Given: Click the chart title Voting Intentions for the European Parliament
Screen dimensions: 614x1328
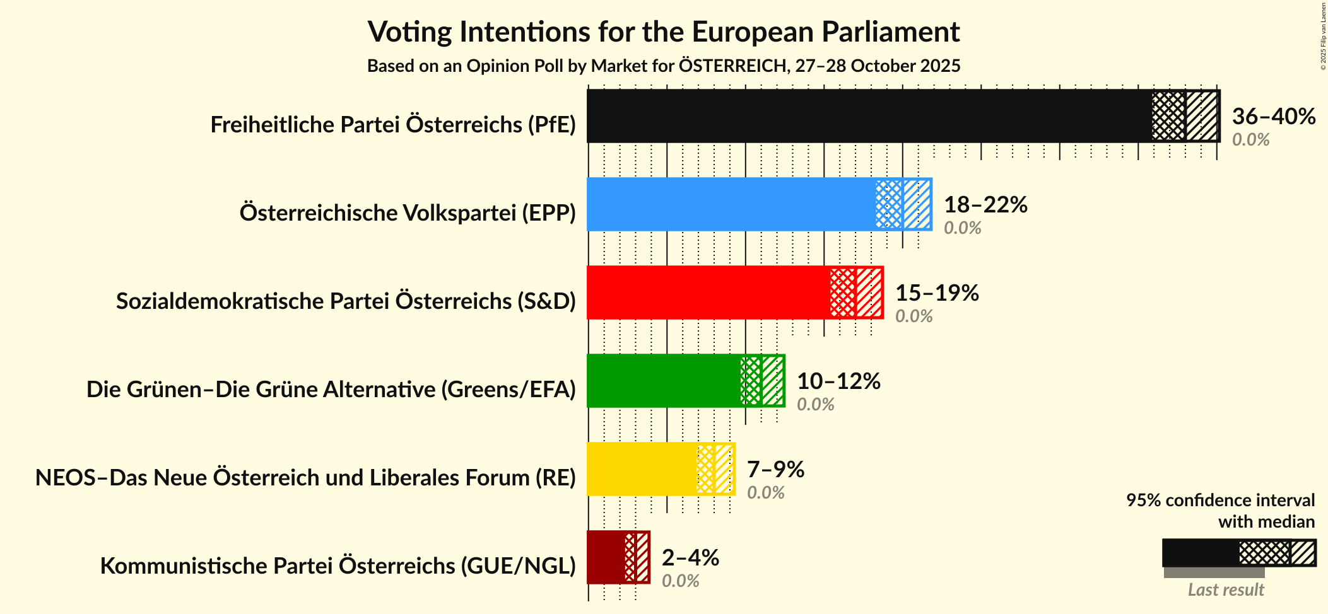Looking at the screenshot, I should (x=664, y=32).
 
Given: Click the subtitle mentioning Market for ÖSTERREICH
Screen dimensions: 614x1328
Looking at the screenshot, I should (x=664, y=66).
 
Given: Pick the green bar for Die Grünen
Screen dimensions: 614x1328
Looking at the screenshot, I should (x=663, y=381).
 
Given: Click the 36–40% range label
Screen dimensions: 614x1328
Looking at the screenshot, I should (x=1274, y=117).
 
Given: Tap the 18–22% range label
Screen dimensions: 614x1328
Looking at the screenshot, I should (x=985, y=205).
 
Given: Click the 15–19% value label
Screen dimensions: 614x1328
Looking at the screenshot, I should (x=937, y=293).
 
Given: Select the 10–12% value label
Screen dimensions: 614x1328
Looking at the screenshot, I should (x=838, y=381).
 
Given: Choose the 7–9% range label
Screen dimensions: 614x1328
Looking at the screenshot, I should (x=775, y=470).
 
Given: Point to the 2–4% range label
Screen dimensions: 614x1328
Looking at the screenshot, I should (x=690, y=558).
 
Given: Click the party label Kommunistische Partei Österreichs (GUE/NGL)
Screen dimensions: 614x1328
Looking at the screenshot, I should (x=338, y=566).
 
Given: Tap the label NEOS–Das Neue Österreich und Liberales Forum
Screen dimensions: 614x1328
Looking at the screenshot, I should (x=305, y=478).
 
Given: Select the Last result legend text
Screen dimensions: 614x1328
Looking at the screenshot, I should (x=1226, y=590).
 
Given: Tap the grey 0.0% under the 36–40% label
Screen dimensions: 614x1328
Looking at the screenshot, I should (x=1250, y=140).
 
